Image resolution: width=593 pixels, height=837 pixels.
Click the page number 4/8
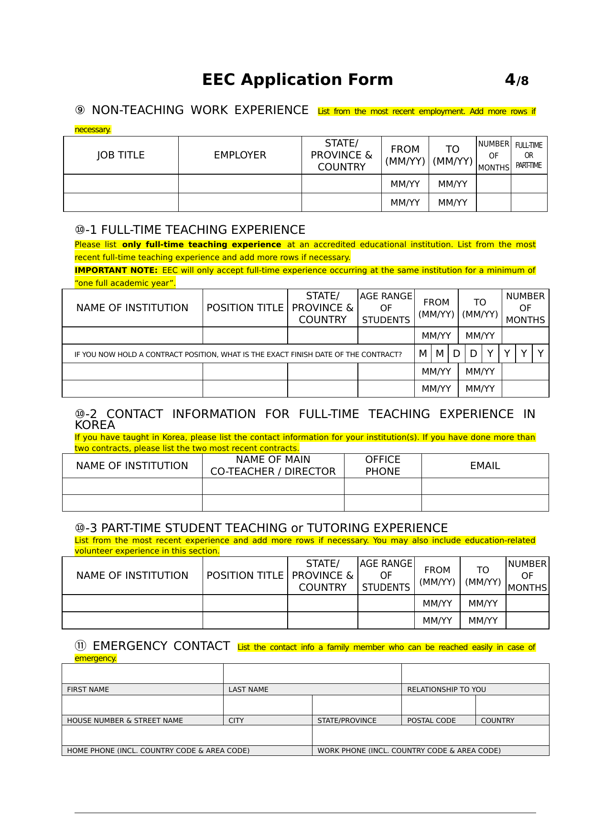[517, 80]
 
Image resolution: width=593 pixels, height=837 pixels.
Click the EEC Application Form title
[297, 80]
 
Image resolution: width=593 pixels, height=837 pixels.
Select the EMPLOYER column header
[240, 155]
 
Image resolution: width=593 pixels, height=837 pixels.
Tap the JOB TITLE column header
[120, 155]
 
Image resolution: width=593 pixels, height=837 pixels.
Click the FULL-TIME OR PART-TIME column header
[528, 155]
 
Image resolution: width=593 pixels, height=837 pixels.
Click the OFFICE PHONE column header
[383, 465]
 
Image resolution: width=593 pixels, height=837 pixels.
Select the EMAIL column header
[485, 466]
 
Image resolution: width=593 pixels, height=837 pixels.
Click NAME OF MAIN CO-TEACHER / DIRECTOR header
[273, 465]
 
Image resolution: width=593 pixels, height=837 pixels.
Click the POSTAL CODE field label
[431, 721]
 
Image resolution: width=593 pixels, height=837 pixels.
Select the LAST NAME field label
[248, 690]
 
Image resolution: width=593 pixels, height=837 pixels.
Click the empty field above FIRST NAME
[142, 674]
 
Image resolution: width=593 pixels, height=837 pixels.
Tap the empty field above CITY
[268, 705]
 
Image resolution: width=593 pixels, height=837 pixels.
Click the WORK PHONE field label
[409, 751]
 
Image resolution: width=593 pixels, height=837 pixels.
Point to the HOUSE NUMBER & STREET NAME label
[125, 721]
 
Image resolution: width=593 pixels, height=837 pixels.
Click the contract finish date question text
[238, 354]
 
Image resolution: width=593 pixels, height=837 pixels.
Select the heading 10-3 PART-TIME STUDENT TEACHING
[261, 528]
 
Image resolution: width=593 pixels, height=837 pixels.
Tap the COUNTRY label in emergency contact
[497, 721]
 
